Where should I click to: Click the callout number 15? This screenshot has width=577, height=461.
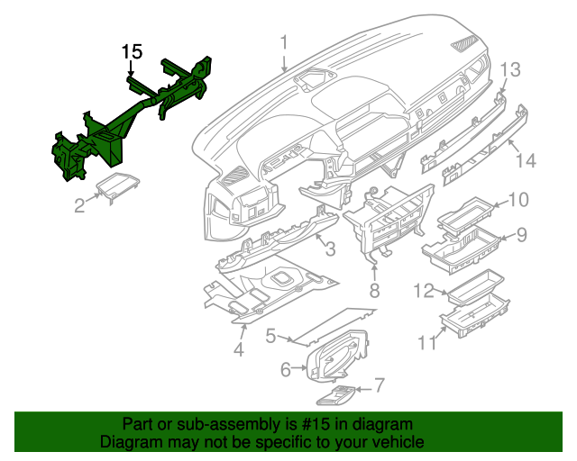pyautogui.click(x=133, y=52)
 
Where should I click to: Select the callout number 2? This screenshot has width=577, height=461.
pyautogui.click(x=79, y=206)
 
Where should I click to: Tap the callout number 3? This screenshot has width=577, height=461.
pyautogui.click(x=330, y=248)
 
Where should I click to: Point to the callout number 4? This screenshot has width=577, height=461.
pyautogui.click(x=239, y=349)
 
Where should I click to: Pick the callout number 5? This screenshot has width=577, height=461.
pyautogui.click(x=270, y=336)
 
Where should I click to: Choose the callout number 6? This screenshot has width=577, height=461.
pyautogui.click(x=286, y=368)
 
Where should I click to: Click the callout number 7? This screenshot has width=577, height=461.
pyautogui.click(x=380, y=386)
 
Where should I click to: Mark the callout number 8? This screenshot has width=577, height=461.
pyautogui.click(x=374, y=290)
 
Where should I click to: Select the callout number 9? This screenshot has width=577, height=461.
pyautogui.click(x=522, y=235)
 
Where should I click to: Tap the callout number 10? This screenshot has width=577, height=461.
pyautogui.click(x=519, y=200)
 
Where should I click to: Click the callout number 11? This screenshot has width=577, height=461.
pyautogui.click(x=426, y=343)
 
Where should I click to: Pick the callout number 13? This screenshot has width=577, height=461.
pyautogui.click(x=510, y=69)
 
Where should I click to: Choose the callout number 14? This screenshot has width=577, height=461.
pyautogui.click(x=526, y=160)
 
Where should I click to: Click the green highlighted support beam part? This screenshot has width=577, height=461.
pyautogui.click(x=126, y=126)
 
